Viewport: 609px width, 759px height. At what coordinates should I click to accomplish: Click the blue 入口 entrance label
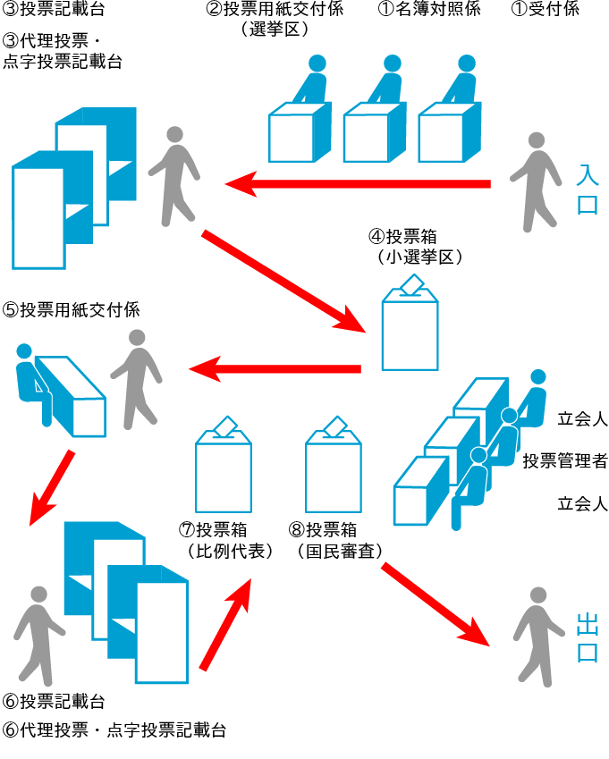pyautogui.click(x=588, y=189)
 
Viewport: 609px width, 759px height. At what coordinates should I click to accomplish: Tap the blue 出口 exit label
pyautogui.click(x=587, y=637)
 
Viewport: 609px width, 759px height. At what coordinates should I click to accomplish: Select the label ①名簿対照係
pyautogui.click(x=438, y=10)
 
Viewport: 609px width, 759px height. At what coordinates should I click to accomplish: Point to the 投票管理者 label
pyautogui.click(x=565, y=461)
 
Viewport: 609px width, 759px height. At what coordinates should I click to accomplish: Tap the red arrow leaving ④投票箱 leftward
pyautogui.click(x=274, y=367)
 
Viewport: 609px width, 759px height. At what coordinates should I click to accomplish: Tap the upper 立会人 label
pyautogui.click(x=582, y=418)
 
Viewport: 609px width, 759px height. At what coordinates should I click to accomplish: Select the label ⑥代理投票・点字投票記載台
pyautogui.click(x=114, y=729)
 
